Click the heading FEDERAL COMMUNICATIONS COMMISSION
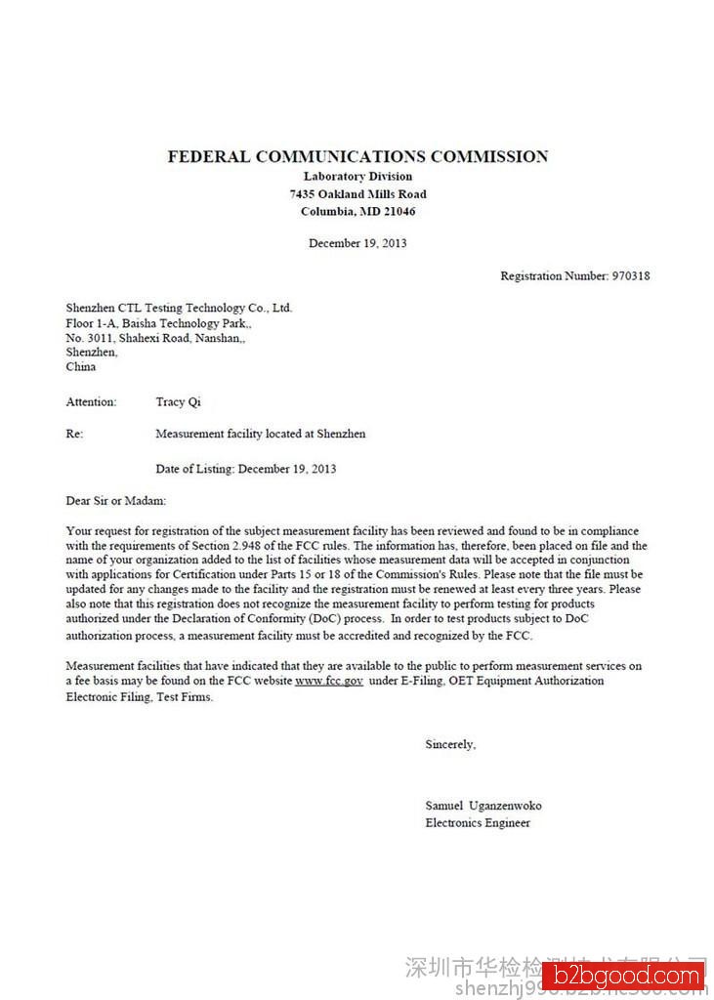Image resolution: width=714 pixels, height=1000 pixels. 357,156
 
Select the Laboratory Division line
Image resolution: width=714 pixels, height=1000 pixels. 357,177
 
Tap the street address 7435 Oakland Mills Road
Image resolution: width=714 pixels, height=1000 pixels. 357,194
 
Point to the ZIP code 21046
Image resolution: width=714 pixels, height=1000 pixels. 398,212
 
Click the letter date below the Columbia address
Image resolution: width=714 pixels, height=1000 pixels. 357,243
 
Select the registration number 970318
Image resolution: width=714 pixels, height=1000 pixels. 630,276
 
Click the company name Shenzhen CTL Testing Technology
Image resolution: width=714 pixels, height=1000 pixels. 179,308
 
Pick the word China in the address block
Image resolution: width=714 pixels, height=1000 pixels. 81,367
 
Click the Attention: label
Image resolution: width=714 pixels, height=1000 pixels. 91,402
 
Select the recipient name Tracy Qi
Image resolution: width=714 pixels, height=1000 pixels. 178,402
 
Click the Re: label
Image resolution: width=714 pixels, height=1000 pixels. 74,434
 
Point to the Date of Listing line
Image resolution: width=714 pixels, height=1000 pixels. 245,469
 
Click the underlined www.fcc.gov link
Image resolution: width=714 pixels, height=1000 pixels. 329,681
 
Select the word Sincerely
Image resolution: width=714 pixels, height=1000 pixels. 450,745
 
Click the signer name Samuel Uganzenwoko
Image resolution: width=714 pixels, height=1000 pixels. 483,806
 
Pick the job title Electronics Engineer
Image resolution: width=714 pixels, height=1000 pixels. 478,823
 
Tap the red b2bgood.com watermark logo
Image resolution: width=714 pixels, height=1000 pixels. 623,977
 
